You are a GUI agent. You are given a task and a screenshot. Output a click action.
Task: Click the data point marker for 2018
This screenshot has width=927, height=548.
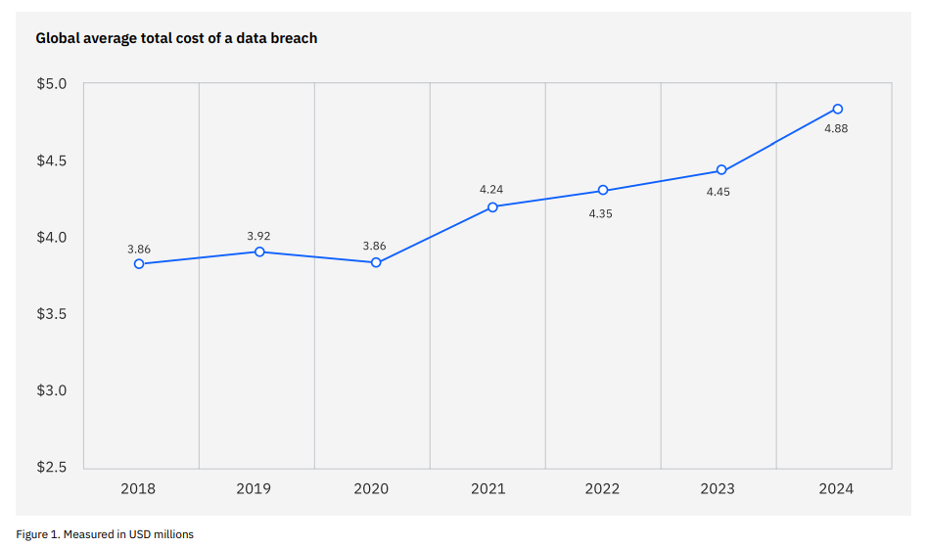(x=139, y=264)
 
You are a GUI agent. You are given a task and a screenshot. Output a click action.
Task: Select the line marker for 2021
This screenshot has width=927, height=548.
(x=492, y=207)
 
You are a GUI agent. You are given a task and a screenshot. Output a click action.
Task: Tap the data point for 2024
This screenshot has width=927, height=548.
(x=837, y=109)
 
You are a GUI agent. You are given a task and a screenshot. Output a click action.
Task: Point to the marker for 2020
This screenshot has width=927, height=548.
(x=376, y=262)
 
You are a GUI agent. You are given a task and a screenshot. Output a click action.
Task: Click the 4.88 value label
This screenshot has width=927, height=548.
(x=835, y=129)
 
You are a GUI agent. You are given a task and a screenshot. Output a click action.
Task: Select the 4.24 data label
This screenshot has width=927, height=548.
(x=491, y=189)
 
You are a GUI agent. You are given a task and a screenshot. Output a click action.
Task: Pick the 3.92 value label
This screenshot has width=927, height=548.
(x=259, y=236)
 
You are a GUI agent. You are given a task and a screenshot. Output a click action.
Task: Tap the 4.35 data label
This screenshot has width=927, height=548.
(x=600, y=213)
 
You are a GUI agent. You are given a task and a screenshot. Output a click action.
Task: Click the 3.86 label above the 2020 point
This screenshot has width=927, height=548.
(x=375, y=246)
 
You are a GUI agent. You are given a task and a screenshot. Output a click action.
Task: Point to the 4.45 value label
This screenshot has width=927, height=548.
(x=718, y=192)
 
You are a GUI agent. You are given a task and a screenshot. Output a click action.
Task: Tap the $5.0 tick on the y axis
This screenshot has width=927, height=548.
(x=51, y=84)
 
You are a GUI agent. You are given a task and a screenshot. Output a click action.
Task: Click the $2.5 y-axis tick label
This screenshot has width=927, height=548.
(x=51, y=467)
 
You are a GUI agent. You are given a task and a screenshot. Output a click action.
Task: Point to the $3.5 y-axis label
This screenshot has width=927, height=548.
(x=51, y=314)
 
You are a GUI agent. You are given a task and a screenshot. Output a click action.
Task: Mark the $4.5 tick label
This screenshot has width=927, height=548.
(x=51, y=160)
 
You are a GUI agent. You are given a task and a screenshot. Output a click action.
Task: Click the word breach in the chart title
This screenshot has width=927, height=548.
(x=293, y=38)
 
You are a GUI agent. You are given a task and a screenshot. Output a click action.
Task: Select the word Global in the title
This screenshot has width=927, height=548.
(x=58, y=38)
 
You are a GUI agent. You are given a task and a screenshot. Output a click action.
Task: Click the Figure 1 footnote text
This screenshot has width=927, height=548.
(x=105, y=534)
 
